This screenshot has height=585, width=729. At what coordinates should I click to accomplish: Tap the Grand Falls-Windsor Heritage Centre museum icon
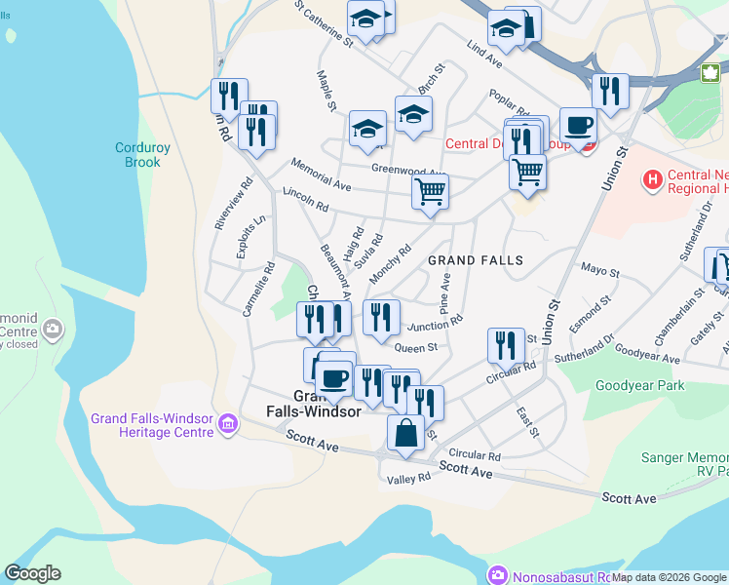(227, 424)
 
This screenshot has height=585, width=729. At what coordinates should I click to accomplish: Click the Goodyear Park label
(639, 385)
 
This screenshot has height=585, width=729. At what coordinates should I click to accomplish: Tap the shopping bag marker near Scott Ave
(405, 432)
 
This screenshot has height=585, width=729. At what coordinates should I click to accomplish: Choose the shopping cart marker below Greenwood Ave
(430, 190)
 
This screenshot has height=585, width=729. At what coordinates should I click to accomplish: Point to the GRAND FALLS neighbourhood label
(476, 260)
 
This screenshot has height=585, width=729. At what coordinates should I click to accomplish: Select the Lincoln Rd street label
(305, 199)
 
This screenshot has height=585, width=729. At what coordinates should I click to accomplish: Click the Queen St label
(415, 346)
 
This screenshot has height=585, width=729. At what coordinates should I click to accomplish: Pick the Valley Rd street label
(408, 479)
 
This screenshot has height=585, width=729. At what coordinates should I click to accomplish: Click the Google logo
(32, 573)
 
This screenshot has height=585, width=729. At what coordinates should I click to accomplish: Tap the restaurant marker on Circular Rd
(506, 345)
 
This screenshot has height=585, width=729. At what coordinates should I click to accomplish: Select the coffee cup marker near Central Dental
(578, 125)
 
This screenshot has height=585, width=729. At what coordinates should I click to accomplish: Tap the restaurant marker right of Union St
(610, 92)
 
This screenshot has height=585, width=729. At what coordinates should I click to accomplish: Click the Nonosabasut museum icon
(499, 575)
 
